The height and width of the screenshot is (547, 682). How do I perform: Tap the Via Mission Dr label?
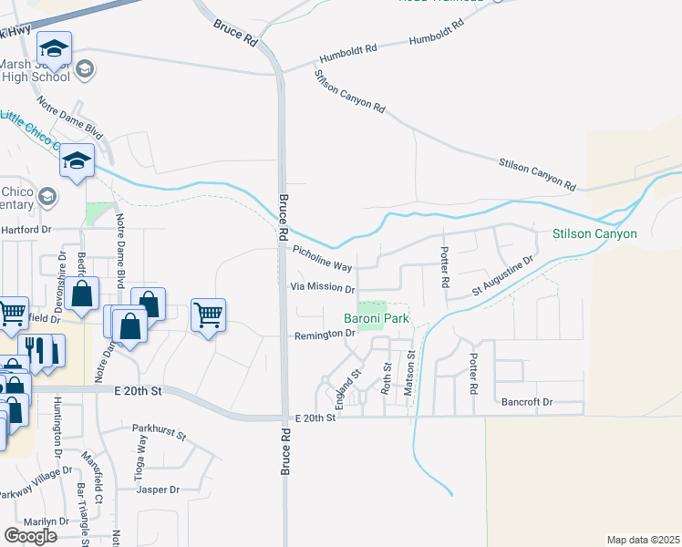coord(322,288)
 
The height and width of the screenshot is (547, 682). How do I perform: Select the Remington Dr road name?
coord(324,335)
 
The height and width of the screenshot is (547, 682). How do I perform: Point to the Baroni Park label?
coord(376,318)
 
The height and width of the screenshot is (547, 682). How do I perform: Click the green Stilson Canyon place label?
coord(594,234)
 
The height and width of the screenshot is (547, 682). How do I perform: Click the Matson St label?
coord(410,367)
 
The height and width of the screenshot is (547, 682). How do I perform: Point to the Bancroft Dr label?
coord(527,401)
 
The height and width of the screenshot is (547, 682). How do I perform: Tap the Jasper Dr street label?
coord(158,490)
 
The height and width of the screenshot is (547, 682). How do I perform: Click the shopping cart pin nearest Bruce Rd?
coord(209,315)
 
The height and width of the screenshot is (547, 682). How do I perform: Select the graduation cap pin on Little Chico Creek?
coord(77,160)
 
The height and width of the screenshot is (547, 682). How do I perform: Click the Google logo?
coord(31,536)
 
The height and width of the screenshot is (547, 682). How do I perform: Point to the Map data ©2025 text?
coord(643,540)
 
